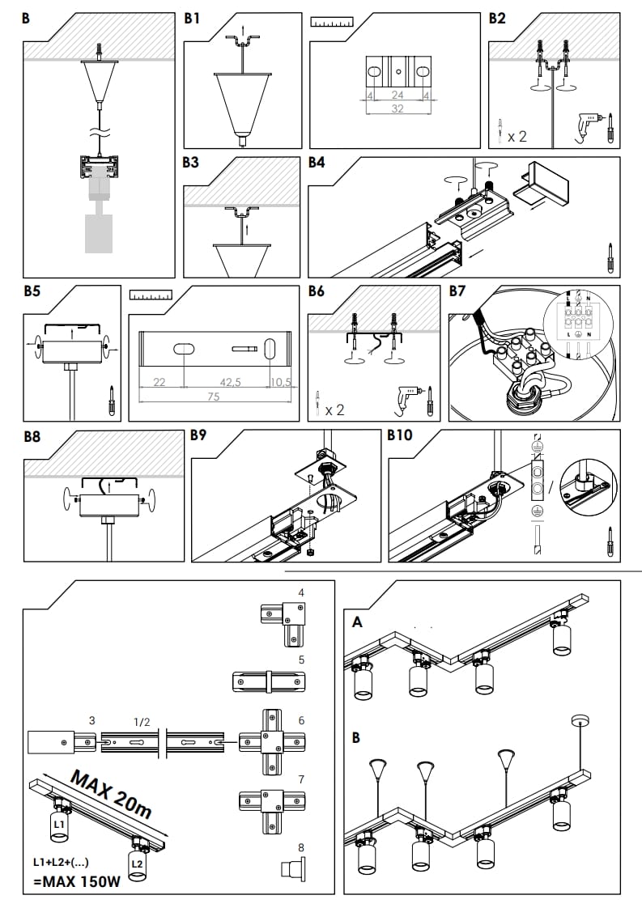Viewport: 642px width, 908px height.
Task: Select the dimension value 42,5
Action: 232,382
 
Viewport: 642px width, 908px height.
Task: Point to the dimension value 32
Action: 397,108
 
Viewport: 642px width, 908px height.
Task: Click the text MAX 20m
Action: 110,793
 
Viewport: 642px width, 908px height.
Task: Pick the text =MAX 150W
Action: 77,881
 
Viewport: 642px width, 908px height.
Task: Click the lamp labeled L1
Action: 58,825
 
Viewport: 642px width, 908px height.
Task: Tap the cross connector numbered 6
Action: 271,741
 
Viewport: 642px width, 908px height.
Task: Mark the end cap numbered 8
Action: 293,869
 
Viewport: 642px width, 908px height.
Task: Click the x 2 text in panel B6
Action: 334,409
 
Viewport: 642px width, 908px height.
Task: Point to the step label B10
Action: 400,436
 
